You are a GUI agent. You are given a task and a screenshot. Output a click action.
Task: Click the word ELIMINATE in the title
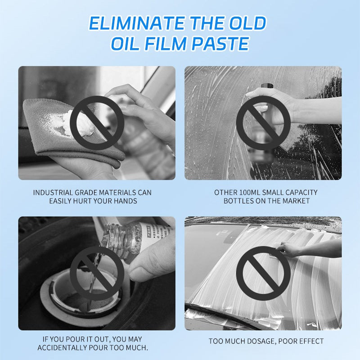pyautogui.click(x=137, y=23)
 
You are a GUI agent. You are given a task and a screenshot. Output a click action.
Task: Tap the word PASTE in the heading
pyautogui.click(x=220, y=43)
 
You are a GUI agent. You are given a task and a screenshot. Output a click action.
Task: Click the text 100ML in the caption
pyautogui.click(x=250, y=193)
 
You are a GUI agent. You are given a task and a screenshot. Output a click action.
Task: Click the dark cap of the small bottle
pyautogui.click(x=267, y=86)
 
